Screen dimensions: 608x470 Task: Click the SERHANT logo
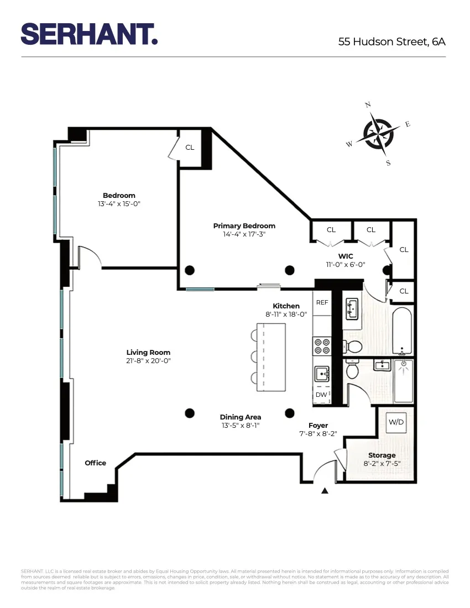tap(89, 34)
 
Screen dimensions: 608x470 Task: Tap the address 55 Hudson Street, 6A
tap(391, 41)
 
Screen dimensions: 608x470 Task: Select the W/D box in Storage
tap(396, 422)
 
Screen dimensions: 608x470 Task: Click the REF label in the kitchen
tap(322, 303)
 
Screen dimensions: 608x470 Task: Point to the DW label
tap(321, 395)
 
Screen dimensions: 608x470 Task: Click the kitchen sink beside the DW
tap(322, 375)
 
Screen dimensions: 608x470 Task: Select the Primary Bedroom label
tap(244, 226)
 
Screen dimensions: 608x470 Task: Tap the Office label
tap(95, 463)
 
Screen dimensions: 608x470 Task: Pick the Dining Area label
tap(240, 417)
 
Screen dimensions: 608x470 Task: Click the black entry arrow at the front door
tap(325, 490)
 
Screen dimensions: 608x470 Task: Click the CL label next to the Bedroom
tap(190, 147)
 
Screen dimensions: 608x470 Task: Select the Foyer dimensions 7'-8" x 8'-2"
tap(318, 434)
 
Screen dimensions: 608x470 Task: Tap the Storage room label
tap(382, 455)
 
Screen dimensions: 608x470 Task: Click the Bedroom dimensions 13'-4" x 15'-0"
tap(119, 203)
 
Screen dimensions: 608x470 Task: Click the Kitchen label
tap(286, 306)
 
